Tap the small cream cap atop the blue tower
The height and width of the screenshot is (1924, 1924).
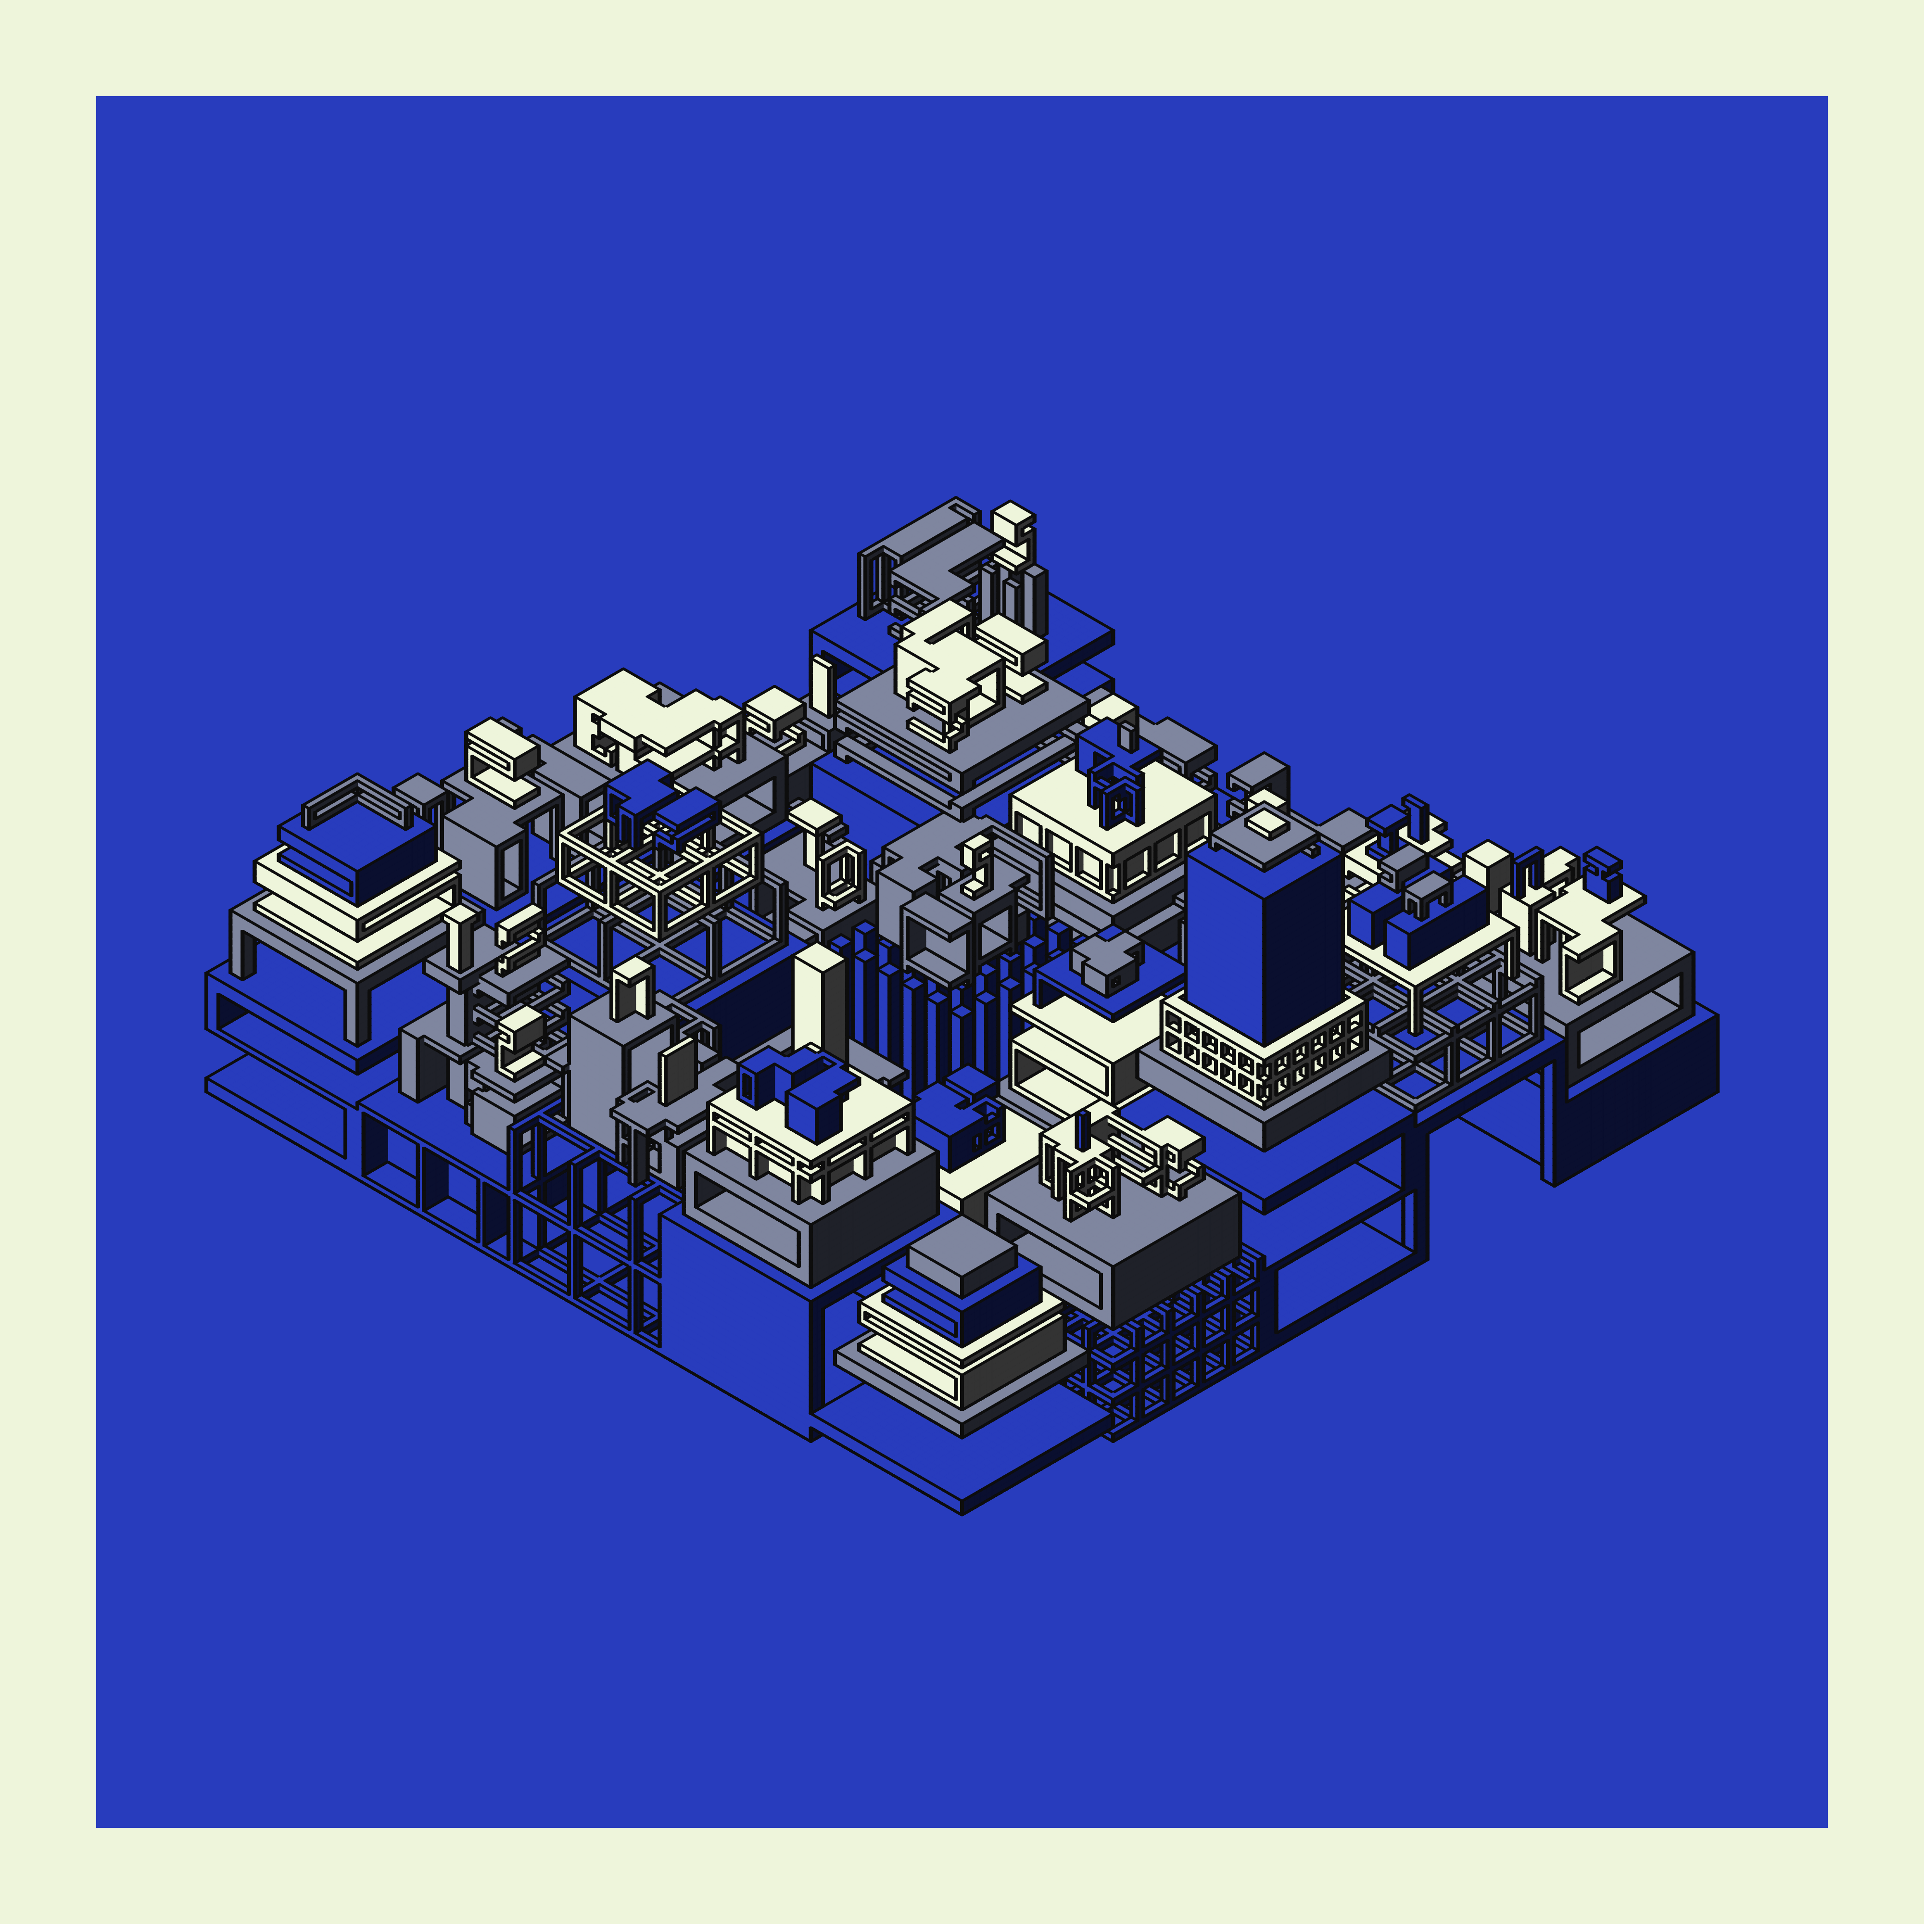[x=1268, y=823]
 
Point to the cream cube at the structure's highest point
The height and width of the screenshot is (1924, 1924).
[x=1013, y=516]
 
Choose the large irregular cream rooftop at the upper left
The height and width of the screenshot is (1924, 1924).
[x=637, y=707]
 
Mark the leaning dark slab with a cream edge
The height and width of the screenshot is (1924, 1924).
[x=677, y=1071]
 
